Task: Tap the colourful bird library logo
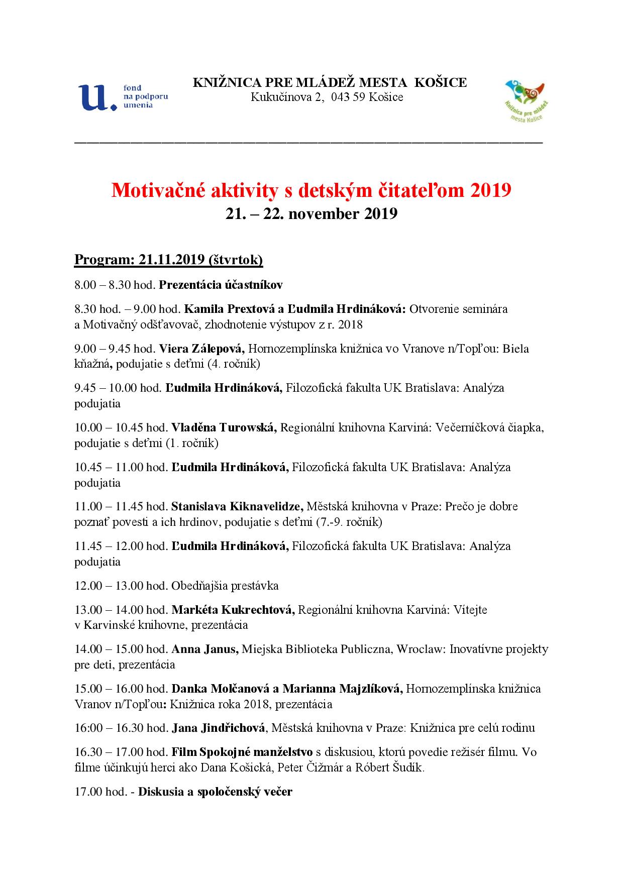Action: pos(526,100)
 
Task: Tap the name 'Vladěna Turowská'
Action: pos(224,427)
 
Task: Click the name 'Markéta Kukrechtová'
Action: pos(233,610)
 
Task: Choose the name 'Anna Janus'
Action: pos(204,649)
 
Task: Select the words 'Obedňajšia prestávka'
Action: pos(225,586)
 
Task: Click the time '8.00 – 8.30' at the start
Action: pos(102,285)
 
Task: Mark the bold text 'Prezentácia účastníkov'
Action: pos(221,285)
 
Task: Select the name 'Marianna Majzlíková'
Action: pos(342,689)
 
